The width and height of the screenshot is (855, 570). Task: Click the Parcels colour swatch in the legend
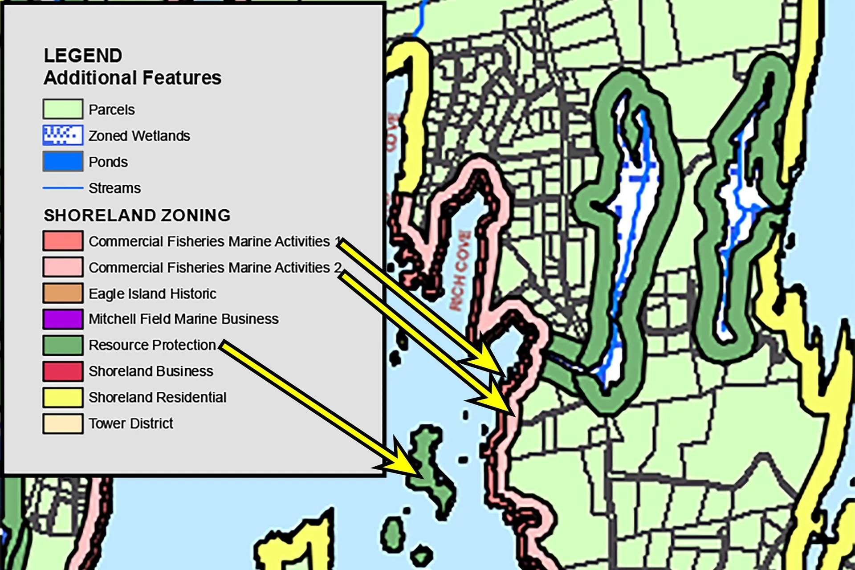63,109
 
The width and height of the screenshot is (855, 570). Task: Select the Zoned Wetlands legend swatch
63,135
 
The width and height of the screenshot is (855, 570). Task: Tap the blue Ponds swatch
63,162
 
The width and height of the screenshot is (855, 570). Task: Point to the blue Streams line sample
63,188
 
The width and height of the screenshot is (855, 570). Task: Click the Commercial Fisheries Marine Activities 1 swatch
63,241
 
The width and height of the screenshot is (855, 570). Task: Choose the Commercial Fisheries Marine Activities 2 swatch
63,267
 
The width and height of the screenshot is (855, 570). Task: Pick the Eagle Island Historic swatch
63,293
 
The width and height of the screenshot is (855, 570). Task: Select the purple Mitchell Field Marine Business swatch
63,319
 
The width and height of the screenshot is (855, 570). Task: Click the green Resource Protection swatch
63,345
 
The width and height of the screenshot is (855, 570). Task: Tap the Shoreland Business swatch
63,371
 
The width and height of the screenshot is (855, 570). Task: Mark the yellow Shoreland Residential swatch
63,397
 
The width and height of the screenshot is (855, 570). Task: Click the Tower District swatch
63,423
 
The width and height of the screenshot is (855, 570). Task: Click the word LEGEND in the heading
83,56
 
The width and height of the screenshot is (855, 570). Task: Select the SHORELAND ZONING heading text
137,216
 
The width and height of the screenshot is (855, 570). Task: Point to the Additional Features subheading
132,78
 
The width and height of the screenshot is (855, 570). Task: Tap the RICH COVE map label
460,270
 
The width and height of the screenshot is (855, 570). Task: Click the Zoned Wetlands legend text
139,136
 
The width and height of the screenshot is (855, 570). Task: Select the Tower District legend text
130,423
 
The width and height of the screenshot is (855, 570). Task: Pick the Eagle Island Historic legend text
152,294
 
